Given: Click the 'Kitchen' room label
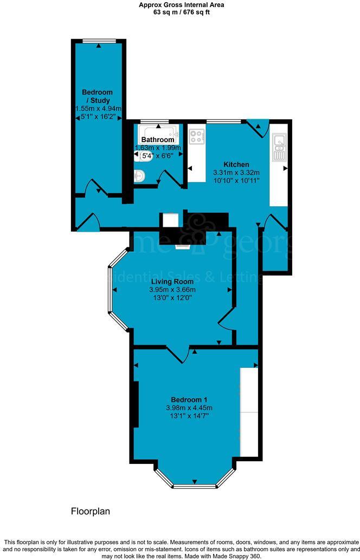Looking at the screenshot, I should (x=236, y=164).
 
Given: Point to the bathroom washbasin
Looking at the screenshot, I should (x=139, y=175).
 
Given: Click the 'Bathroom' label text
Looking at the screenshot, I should (x=158, y=140).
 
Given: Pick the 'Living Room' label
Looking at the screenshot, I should (x=172, y=281).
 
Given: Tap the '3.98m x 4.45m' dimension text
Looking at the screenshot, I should (x=189, y=408).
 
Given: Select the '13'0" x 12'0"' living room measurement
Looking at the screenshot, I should (x=172, y=298).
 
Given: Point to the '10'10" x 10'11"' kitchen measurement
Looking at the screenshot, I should (x=236, y=181).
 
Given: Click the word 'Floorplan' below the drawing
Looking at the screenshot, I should (x=91, y=511).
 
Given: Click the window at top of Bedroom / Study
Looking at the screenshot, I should (x=99, y=40).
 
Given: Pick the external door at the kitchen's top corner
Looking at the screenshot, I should (x=258, y=127).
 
